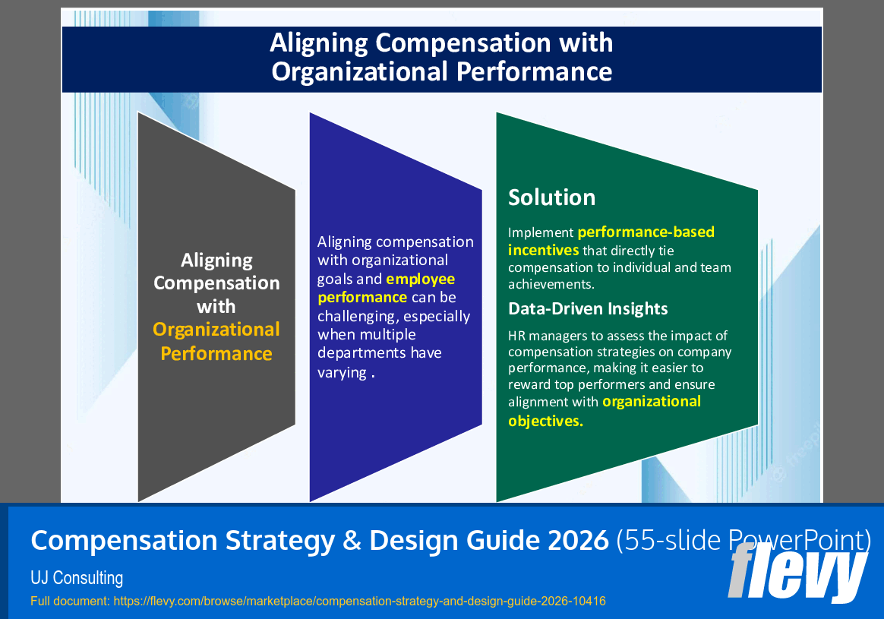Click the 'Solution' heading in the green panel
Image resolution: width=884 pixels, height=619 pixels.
(x=551, y=197)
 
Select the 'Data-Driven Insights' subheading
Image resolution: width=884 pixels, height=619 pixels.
(x=588, y=308)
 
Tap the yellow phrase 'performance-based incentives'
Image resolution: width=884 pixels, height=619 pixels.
(x=611, y=241)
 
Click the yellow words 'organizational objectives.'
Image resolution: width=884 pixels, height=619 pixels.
(x=605, y=411)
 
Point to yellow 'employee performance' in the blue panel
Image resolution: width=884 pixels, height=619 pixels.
(x=386, y=289)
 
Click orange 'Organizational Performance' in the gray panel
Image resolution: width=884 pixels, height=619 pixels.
(x=216, y=341)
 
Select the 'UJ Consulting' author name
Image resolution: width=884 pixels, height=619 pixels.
(x=77, y=578)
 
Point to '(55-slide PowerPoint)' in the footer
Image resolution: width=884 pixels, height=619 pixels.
(x=742, y=540)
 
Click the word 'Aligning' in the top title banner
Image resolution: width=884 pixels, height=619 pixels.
(x=320, y=43)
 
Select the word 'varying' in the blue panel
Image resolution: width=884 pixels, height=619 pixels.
(x=342, y=372)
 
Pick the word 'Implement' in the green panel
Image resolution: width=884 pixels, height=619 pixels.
(x=541, y=232)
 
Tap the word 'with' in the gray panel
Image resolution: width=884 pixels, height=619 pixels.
(x=216, y=307)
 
